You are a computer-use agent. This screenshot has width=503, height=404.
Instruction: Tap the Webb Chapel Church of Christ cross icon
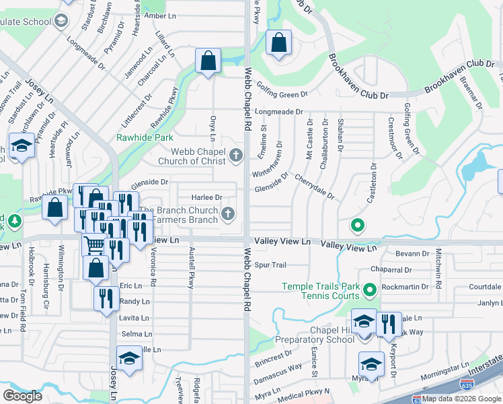pos(235,156)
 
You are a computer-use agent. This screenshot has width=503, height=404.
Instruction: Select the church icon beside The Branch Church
pos(229,215)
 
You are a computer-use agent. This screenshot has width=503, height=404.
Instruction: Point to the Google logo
pos(23,396)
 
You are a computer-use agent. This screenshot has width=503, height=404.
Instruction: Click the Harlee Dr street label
pos(207,197)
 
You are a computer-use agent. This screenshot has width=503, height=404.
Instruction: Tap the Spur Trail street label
pos(271,265)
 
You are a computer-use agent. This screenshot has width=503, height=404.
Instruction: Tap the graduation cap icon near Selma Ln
pos(130,358)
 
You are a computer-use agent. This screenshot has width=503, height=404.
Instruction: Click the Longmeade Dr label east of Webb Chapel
pos(279,112)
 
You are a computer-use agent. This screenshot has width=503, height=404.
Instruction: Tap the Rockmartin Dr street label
pos(405,287)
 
